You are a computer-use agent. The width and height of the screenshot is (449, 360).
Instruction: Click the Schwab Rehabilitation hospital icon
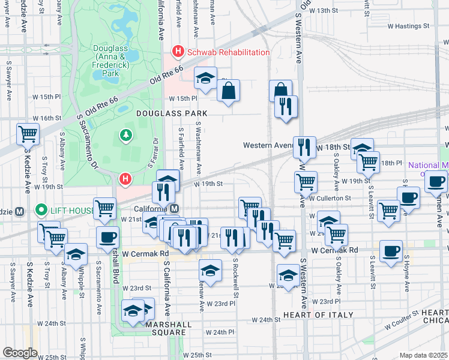click(178, 52)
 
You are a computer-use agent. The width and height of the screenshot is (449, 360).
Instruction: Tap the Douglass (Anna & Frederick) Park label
click(110, 61)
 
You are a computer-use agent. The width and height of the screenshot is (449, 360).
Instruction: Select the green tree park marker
click(127, 136)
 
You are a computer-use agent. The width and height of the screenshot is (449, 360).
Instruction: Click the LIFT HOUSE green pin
click(41, 210)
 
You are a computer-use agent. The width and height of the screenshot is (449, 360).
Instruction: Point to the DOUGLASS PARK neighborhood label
click(171, 113)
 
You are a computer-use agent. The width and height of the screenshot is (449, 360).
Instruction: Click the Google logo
click(20, 353)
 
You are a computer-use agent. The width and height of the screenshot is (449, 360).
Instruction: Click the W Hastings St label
click(409, 26)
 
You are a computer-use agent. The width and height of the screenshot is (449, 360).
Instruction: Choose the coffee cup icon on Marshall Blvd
click(107, 237)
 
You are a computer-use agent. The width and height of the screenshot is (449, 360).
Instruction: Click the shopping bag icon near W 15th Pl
click(229, 91)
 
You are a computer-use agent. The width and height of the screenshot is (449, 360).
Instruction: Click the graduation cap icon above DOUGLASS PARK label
click(205, 79)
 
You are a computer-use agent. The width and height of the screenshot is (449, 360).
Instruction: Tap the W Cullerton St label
click(330, 197)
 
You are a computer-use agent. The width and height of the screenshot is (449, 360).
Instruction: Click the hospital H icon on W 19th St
click(125, 178)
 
